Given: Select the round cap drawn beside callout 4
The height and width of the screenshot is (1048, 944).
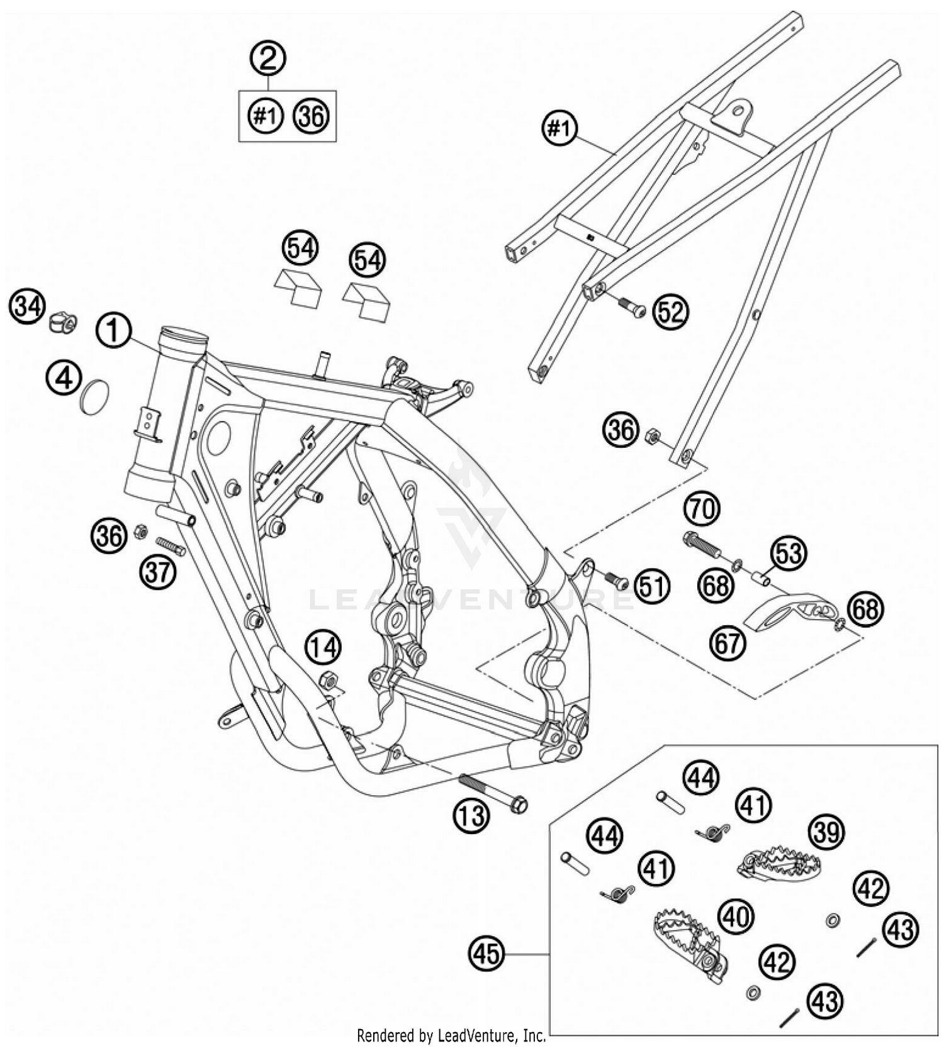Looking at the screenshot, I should click(95, 397).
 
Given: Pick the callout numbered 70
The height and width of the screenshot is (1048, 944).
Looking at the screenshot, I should click(702, 508).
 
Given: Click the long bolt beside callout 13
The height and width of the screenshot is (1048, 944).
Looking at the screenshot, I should click(494, 794).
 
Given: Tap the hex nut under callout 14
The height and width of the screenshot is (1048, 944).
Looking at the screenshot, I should click(328, 681).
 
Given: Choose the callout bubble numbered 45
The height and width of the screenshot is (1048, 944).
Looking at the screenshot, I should click(487, 954).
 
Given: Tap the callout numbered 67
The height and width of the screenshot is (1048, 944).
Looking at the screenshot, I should click(728, 643).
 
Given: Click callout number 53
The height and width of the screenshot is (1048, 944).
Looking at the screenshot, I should click(789, 554).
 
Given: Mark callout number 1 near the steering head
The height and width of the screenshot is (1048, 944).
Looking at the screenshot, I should click(113, 330).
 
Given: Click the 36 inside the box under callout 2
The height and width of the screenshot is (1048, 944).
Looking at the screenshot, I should click(311, 117).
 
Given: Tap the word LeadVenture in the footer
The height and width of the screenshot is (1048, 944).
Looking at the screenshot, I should click(490, 1035).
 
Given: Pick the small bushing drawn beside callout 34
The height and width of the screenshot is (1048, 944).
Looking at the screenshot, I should click(64, 323).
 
